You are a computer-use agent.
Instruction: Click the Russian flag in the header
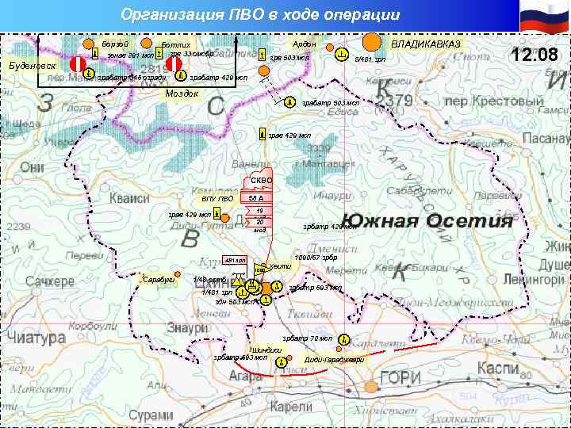(x=544, y=17)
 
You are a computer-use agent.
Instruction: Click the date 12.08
(x=535, y=55)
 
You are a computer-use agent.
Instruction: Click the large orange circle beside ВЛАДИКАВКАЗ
(x=372, y=40)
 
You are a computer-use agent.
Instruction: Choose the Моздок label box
(x=182, y=94)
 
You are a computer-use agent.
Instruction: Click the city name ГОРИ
(x=400, y=379)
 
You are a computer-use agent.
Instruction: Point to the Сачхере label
(x=49, y=281)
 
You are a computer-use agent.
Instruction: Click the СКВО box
(x=261, y=181)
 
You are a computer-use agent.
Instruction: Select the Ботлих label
(x=175, y=44)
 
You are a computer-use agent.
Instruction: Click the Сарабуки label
(x=159, y=279)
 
